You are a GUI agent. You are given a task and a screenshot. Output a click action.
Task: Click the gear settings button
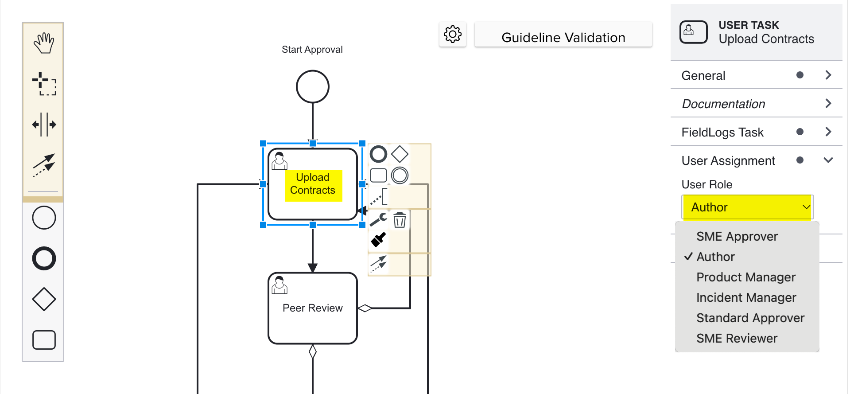(x=452, y=34)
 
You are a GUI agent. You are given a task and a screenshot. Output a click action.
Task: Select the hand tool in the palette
(x=44, y=43)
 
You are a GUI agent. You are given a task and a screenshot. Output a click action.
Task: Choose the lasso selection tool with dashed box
(x=44, y=83)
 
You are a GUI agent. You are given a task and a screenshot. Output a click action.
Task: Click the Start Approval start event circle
(x=312, y=86)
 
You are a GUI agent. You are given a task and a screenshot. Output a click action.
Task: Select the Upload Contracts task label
(x=313, y=184)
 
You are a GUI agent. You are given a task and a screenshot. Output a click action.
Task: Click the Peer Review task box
(x=313, y=308)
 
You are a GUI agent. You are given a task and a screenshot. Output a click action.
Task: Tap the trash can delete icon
(x=400, y=219)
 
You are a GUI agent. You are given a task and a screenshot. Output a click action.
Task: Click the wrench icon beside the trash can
(x=378, y=219)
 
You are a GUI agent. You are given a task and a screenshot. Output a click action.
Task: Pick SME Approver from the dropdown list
(x=737, y=237)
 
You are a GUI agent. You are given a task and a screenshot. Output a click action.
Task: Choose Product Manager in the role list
(x=745, y=277)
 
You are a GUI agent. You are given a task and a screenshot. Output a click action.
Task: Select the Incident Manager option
(x=746, y=298)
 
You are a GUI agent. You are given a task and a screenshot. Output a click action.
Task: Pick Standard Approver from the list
(x=750, y=318)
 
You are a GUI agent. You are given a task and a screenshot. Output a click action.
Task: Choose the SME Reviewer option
(x=737, y=339)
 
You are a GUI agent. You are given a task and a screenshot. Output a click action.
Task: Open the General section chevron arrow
(x=828, y=75)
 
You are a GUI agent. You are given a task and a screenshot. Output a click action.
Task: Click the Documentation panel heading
(x=723, y=104)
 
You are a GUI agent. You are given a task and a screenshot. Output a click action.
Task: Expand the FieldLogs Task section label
(x=722, y=132)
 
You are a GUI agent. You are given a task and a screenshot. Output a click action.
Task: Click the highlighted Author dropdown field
(x=747, y=207)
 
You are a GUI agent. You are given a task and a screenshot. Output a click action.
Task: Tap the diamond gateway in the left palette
(x=44, y=299)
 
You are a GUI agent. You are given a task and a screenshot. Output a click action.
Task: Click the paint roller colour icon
(x=378, y=240)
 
